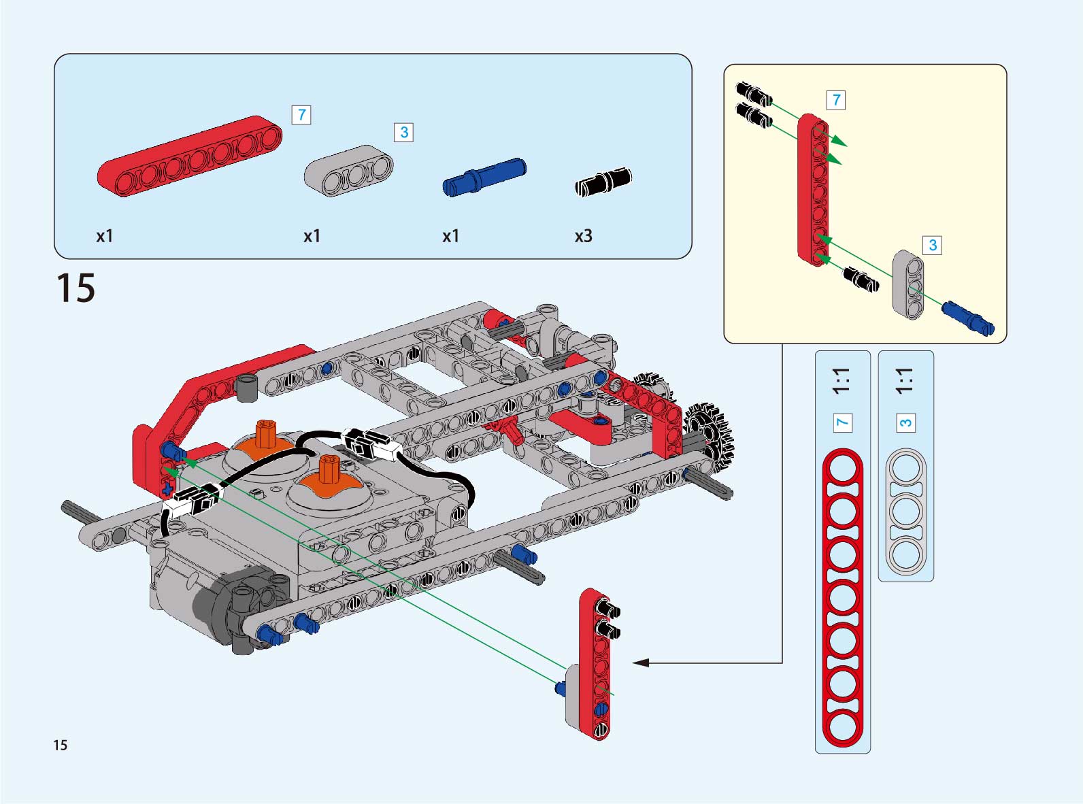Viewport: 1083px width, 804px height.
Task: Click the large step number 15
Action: click(76, 288)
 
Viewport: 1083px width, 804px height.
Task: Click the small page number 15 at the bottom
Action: click(61, 745)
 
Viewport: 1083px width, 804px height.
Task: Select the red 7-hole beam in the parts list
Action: click(190, 156)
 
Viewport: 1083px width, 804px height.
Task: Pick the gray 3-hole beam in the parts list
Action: click(348, 171)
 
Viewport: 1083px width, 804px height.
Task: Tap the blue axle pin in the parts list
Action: click(484, 177)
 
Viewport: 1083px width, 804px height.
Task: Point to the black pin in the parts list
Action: click(603, 182)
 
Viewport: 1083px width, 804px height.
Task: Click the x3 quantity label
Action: click(583, 236)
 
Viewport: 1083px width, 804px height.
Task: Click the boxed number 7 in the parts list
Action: click(301, 115)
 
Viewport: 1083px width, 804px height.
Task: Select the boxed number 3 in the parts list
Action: click(403, 132)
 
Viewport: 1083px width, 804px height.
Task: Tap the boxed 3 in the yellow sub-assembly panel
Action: click(932, 245)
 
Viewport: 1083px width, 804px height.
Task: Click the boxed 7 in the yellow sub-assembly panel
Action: click(836, 100)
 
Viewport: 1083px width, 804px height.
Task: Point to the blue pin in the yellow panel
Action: click(967, 318)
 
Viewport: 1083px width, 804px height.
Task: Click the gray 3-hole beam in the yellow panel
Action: click(908, 284)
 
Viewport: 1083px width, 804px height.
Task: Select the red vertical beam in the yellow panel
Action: click(813, 189)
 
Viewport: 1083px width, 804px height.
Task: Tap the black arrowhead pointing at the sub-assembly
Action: click(639, 663)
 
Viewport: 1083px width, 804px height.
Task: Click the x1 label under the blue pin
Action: click(450, 236)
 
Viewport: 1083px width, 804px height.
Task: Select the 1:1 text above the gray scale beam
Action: click(905, 382)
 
